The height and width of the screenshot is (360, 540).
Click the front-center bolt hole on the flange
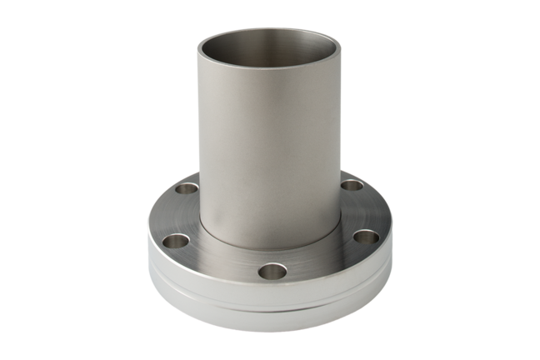271,271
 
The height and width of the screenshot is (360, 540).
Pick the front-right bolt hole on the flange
364,238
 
